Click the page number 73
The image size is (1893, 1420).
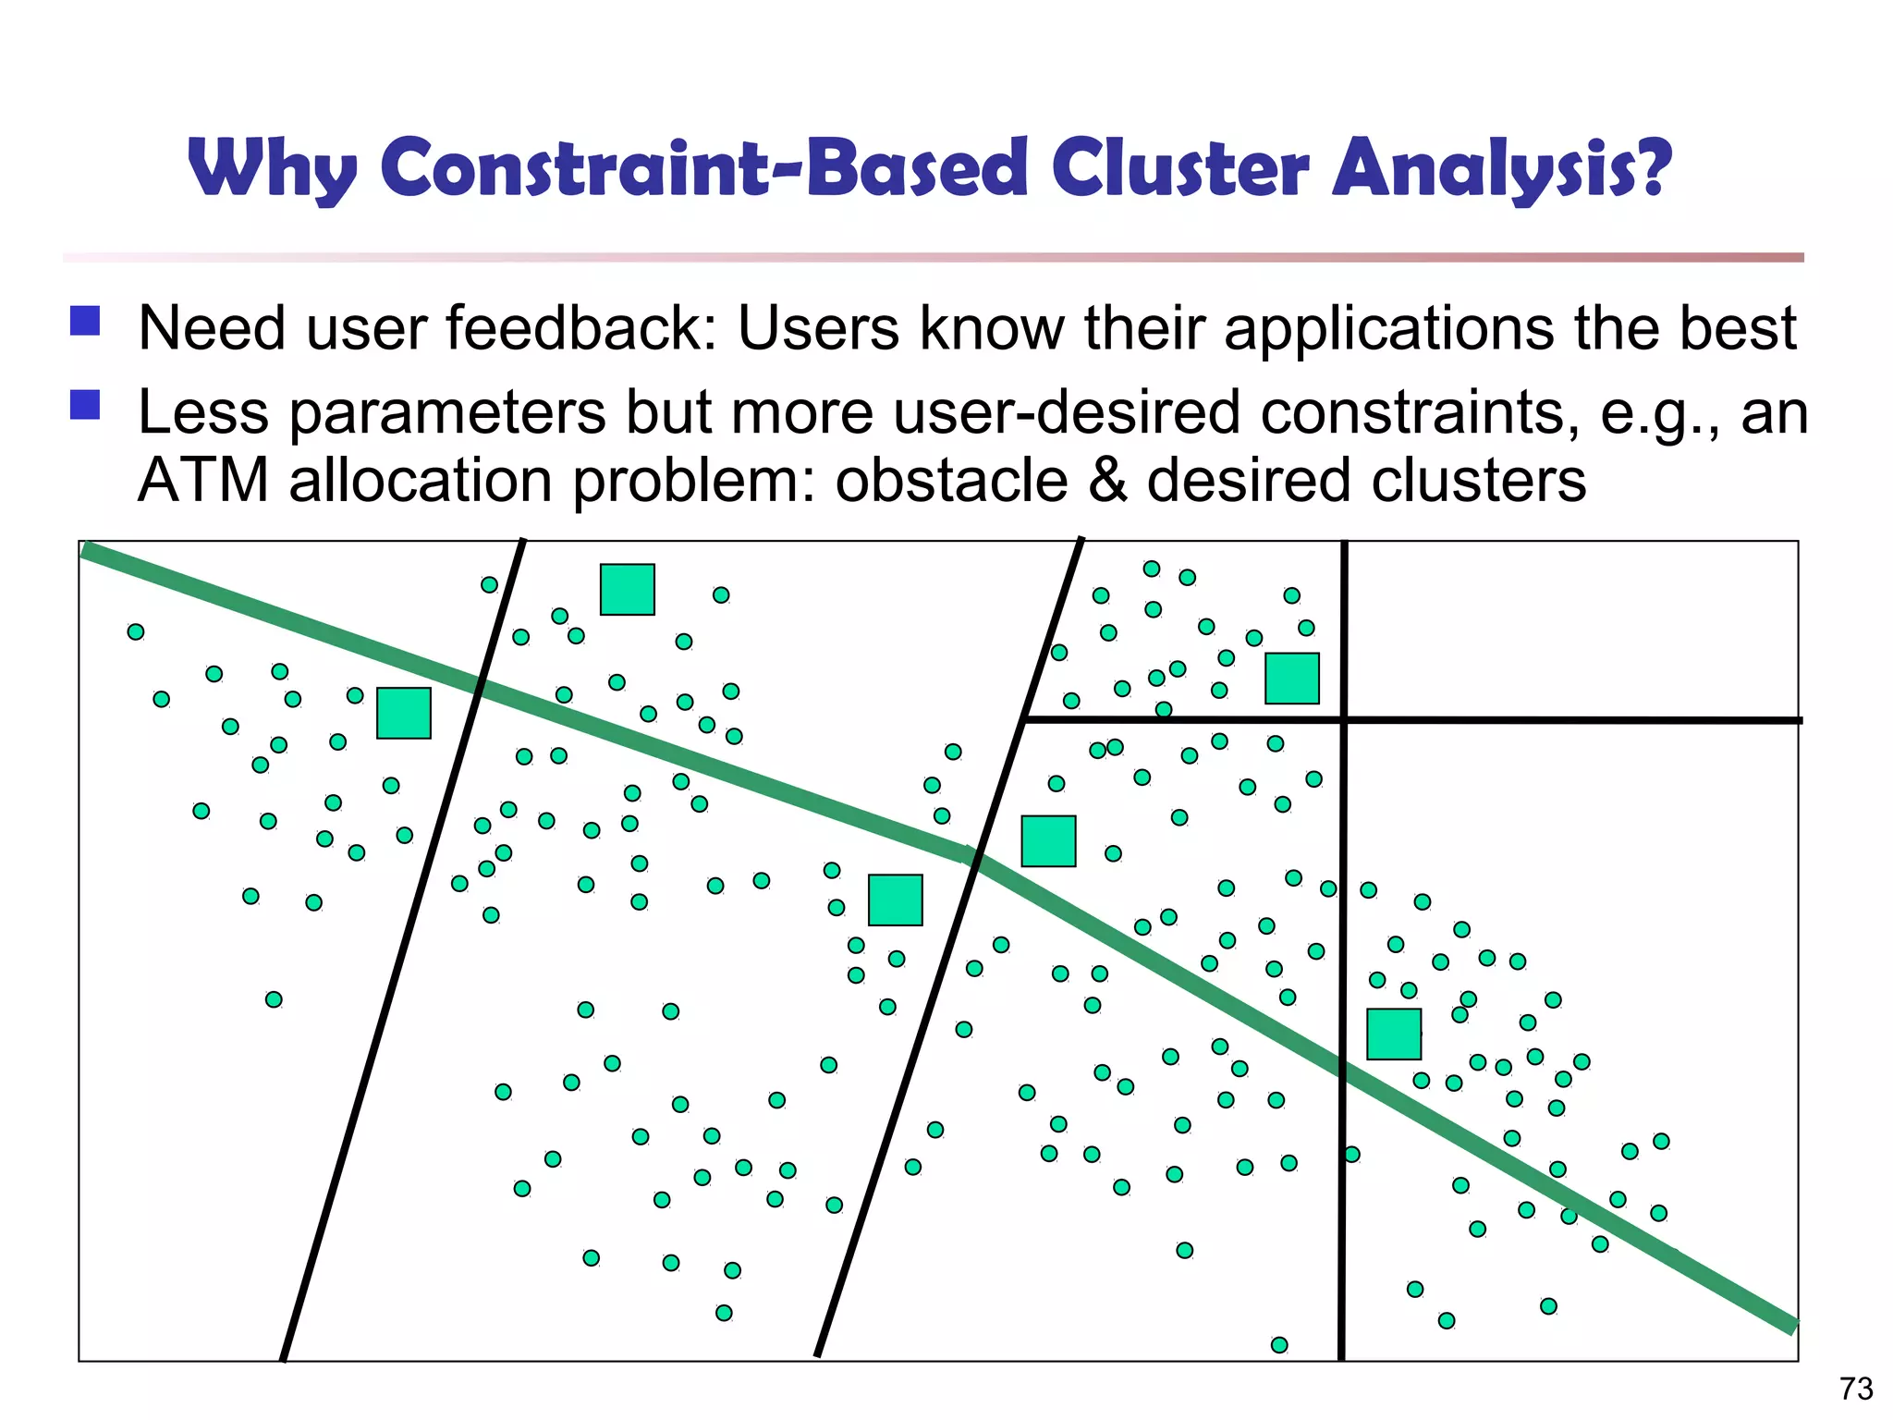click(1856, 1389)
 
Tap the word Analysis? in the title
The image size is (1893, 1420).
click(1501, 169)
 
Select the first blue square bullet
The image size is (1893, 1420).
click(85, 321)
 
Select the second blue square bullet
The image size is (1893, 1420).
click(85, 405)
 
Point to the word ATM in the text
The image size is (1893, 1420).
click(203, 481)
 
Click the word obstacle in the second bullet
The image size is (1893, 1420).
click(951, 481)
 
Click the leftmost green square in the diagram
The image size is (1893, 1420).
click(404, 713)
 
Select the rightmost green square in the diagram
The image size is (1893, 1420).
click(1394, 1034)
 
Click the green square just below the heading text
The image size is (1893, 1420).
click(628, 590)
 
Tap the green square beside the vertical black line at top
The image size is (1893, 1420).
click(1292, 679)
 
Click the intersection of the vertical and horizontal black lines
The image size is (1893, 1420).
click(1344, 718)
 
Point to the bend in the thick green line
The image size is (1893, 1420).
click(971, 856)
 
